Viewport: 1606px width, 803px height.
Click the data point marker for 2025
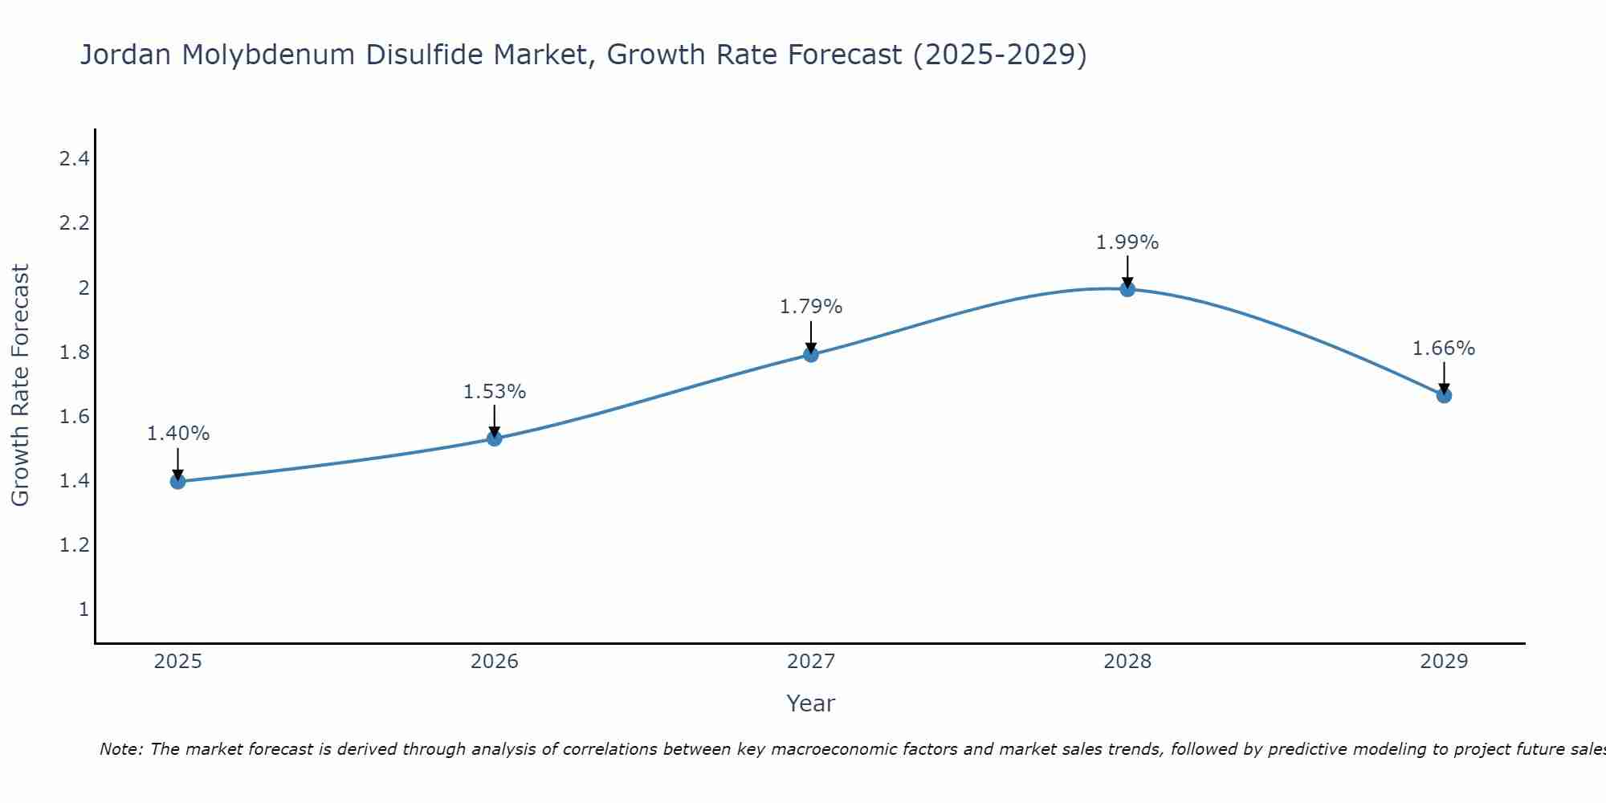177,481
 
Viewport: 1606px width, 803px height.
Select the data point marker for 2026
494,438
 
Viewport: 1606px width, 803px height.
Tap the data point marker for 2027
810,354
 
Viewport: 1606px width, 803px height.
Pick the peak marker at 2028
1127,289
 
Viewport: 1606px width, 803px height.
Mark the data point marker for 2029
1443,395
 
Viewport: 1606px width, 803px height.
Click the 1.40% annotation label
177,434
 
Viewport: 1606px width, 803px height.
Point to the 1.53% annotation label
494,392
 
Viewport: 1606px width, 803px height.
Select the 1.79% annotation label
810,307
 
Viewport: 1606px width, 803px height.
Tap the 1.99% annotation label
1127,243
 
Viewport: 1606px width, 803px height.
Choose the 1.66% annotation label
1443,349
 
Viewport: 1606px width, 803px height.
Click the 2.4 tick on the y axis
74,159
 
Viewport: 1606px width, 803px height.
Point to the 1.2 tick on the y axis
74,545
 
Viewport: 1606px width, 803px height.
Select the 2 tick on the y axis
83,287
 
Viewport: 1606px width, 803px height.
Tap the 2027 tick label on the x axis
810,662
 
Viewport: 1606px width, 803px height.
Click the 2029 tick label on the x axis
1443,662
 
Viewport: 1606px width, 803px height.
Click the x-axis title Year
810,703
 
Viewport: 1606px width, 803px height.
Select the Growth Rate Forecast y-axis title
20,385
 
